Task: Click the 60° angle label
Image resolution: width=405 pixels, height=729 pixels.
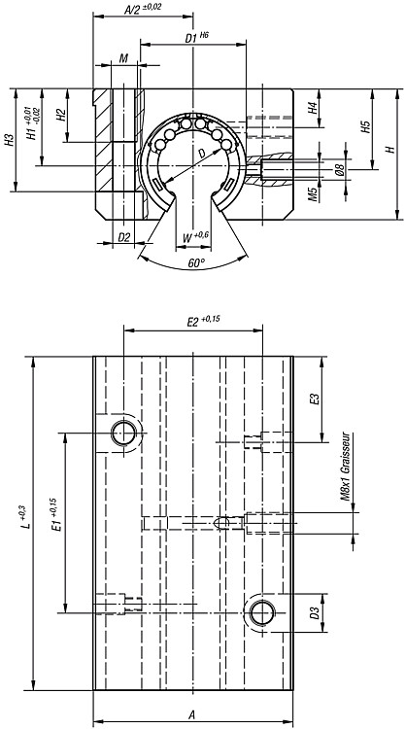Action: (x=196, y=263)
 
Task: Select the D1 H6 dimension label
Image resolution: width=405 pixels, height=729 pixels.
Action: (x=197, y=37)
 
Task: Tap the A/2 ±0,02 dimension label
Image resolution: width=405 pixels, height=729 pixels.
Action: (x=143, y=10)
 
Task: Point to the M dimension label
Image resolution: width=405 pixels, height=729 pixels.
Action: (x=123, y=58)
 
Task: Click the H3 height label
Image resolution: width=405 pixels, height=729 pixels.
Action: (x=9, y=140)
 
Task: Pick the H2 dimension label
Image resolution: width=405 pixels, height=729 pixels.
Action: (x=60, y=116)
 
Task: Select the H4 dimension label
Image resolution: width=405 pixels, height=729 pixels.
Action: (x=314, y=108)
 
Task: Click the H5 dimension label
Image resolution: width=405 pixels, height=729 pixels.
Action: (x=365, y=127)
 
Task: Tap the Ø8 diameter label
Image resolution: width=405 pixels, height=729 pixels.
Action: (x=339, y=170)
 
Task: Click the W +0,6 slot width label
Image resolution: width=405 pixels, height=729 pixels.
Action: (x=195, y=236)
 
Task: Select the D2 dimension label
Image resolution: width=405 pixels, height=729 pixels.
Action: (x=124, y=237)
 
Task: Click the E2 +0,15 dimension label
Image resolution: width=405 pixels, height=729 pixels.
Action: (x=203, y=322)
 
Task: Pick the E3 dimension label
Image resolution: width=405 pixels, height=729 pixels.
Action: (x=315, y=399)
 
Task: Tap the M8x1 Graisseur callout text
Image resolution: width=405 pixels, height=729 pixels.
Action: (x=344, y=470)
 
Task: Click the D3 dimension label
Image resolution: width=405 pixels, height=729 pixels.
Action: (x=315, y=613)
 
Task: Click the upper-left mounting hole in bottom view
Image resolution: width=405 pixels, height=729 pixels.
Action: (x=123, y=433)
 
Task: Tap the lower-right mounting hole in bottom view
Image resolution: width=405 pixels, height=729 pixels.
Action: (x=262, y=612)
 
